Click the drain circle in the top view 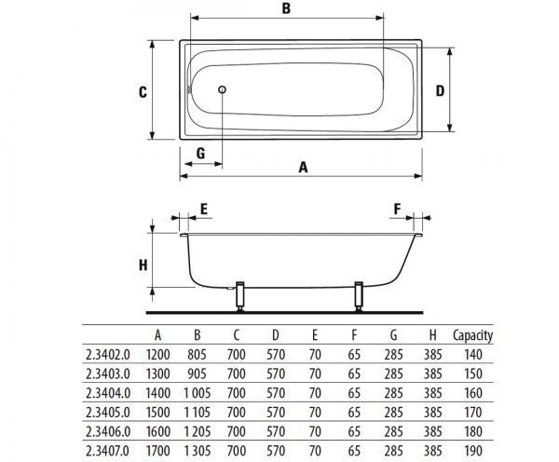222,89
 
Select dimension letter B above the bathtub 286,8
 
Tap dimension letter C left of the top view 143,92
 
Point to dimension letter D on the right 441,90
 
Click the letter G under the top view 200,154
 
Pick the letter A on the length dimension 303,167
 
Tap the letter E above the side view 204,209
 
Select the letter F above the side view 398,209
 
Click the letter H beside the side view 143,265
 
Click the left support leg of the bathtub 240,295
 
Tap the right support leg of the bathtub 359,295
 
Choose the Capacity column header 472,335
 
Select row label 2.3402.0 108,355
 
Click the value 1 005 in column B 198,393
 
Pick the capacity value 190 473,451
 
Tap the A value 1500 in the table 158,413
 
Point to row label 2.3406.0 108,431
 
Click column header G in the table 393,335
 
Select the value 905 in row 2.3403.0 197,374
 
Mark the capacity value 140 473,355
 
